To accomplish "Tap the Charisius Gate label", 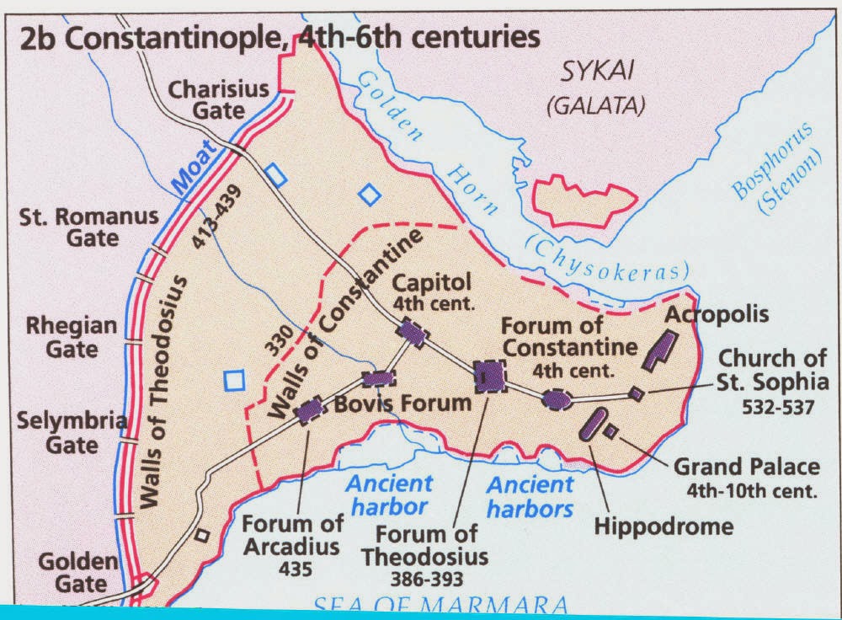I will tap(218, 99).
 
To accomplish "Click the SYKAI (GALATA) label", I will tap(595, 89).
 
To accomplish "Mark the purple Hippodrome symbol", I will tap(594, 424).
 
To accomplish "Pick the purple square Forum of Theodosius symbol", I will tap(488, 377).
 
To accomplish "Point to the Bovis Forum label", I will tap(403, 403).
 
